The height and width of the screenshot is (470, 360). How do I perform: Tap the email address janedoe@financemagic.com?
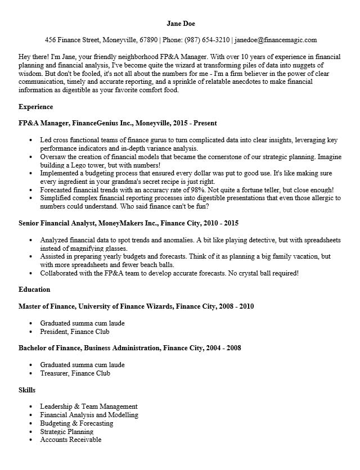click(276, 40)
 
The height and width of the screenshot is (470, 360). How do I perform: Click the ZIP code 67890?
click(148, 40)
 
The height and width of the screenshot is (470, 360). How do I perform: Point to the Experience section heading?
click(35, 107)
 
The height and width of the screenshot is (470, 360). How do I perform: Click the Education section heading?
click(34, 290)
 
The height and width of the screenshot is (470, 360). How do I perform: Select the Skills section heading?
click(27, 390)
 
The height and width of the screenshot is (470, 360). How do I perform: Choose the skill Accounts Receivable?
click(71, 440)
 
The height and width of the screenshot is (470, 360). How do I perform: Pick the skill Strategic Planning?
click(67, 431)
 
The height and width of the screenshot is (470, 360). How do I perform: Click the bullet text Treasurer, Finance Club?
click(75, 373)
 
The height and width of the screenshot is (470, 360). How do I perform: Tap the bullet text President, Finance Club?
click(74, 332)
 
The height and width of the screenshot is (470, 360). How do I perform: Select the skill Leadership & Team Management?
click(89, 406)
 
